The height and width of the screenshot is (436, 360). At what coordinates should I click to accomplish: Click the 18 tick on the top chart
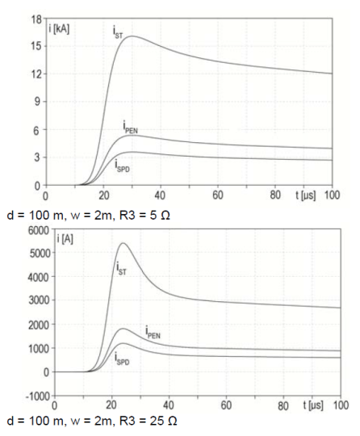click(35, 17)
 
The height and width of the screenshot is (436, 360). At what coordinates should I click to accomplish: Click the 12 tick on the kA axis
click(35, 73)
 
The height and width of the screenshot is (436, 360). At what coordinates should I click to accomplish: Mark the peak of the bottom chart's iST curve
click(123, 243)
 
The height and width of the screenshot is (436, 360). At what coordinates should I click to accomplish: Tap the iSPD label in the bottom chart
click(123, 356)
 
